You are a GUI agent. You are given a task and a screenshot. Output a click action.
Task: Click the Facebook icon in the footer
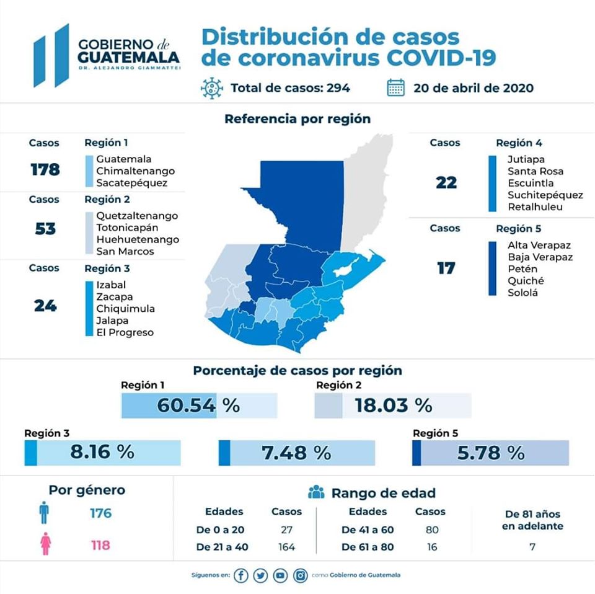point(241,575)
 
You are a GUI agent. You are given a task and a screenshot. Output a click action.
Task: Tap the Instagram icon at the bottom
point(301,575)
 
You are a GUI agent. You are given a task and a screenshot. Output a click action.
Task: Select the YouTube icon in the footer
point(281,575)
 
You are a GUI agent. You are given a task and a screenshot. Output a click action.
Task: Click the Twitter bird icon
point(261,575)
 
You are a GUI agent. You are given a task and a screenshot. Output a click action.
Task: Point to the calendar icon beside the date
point(395,87)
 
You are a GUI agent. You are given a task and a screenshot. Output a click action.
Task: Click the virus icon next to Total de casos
point(212,87)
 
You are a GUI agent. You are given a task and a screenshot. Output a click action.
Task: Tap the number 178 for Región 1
point(45,169)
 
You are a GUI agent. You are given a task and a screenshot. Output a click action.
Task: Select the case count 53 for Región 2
point(45,228)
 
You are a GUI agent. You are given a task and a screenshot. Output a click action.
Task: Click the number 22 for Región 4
point(446,182)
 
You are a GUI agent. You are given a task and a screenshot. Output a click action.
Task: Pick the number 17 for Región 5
point(446,268)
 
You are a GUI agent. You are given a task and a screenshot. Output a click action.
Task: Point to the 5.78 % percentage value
point(490,453)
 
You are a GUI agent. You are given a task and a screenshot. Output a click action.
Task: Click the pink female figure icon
point(45,544)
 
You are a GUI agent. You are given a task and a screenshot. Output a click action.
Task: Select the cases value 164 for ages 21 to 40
point(286,547)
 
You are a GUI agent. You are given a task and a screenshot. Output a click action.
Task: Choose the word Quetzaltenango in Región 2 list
point(137,216)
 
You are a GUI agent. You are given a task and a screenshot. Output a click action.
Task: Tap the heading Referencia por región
point(297,118)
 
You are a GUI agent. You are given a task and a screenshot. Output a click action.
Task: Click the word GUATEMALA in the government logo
point(129,56)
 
